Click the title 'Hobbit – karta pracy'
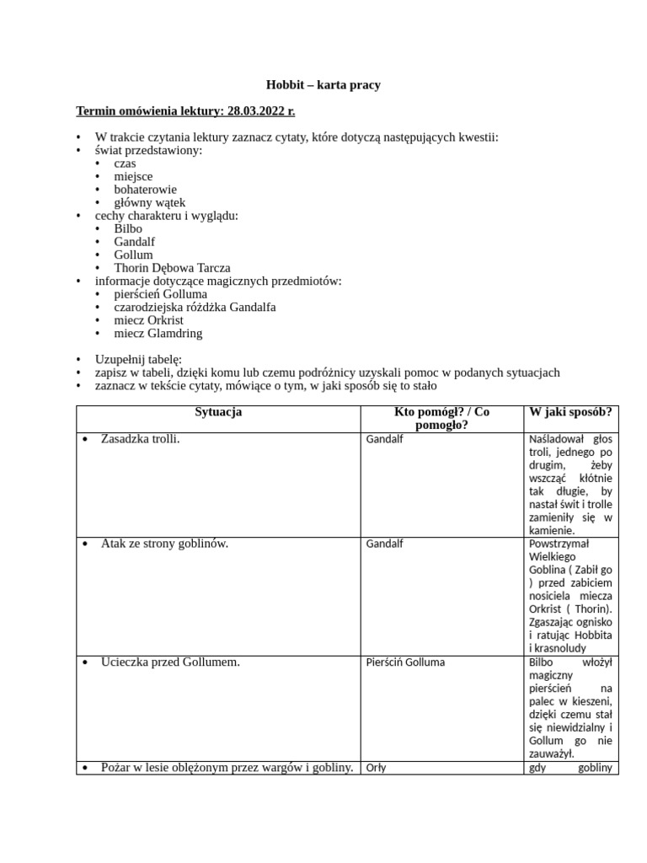pos(323,84)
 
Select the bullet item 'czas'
pos(125,163)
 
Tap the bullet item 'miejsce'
pos(133,176)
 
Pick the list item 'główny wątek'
pos(150,202)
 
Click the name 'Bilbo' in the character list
pos(128,228)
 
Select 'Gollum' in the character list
pos(133,255)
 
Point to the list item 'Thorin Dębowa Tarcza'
pos(172,268)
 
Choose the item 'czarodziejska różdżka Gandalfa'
pos(195,307)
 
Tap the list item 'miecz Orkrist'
pos(148,320)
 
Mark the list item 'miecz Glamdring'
pos(158,333)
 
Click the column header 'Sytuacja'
pos(218,412)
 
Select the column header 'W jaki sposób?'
pos(570,412)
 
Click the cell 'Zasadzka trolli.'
pos(140,439)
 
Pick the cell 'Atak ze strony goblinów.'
pos(164,544)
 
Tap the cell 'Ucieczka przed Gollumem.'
pos(170,662)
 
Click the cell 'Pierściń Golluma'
pos(405,662)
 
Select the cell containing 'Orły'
pos(377,768)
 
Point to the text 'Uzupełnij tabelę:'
pos(137,359)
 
